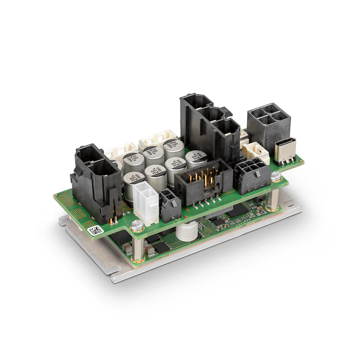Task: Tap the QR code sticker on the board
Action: [95, 230]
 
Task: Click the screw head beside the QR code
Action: [136, 226]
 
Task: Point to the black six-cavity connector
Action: [251, 176]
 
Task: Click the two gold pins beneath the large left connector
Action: [112, 220]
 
